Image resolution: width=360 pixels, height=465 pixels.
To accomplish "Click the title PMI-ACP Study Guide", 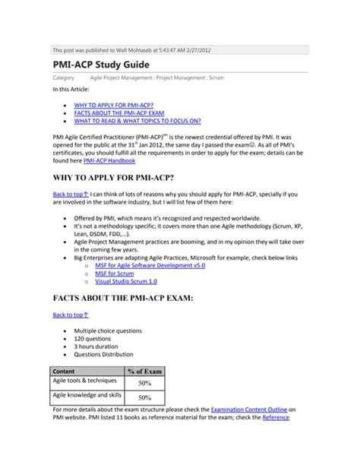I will pyautogui.click(x=99, y=65).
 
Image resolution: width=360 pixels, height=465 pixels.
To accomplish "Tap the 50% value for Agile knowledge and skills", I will pyautogui.click(x=144, y=397).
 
